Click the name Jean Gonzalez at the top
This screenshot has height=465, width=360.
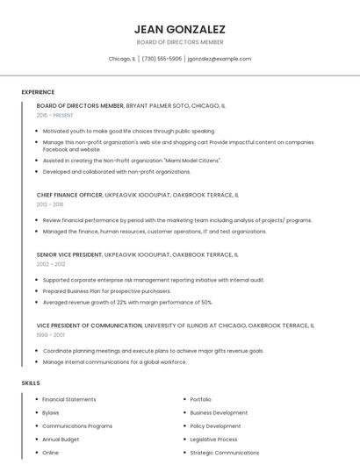coord(180,29)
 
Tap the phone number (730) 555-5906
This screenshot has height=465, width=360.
coord(162,59)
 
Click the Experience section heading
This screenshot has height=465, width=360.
coord(38,92)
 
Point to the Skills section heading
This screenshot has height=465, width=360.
coord(31,383)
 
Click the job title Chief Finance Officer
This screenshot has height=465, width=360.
coord(68,195)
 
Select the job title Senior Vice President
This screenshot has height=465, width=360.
coord(68,254)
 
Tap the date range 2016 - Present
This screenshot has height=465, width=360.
coord(55,115)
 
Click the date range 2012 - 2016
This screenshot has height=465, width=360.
coord(50,204)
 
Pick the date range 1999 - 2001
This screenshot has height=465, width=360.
coord(50,334)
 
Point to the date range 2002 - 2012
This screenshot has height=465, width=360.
coord(51,264)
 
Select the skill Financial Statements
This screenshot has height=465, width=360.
coord(69,399)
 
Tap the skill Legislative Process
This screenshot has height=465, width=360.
coord(213,440)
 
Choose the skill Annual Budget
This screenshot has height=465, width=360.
coord(61,440)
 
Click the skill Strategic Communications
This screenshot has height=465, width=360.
coord(224,453)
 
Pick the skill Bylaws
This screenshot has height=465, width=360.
coord(51,412)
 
